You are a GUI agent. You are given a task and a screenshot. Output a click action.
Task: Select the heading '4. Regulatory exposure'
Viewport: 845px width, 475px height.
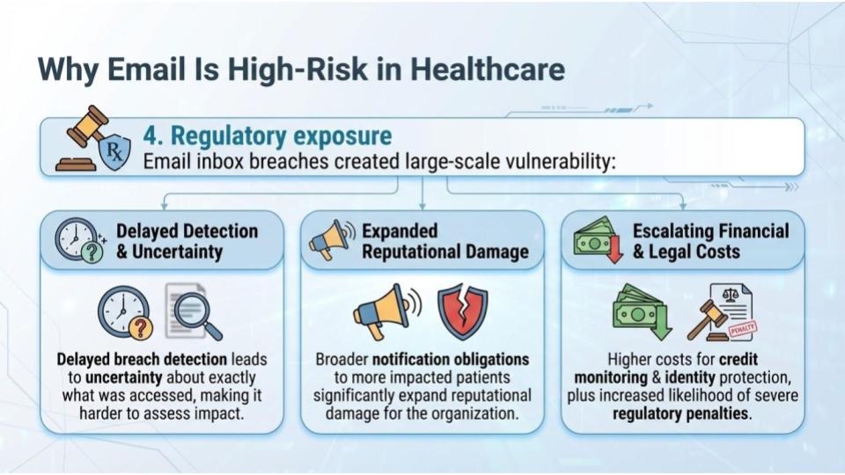pyautogui.click(x=268, y=135)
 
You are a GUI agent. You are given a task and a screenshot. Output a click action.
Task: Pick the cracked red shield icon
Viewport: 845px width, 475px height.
pyautogui.click(x=462, y=311)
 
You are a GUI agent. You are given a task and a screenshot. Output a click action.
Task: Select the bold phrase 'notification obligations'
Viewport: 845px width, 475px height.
pyautogui.click(x=451, y=359)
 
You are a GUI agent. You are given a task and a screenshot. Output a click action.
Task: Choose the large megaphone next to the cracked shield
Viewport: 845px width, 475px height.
pyautogui.click(x=386, y=311)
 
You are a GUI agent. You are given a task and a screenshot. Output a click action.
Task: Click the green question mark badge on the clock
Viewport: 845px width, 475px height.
pyautogui.click(x=92, y=252)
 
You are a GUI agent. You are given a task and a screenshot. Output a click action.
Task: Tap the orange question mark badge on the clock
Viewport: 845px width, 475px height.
pyautogui.click(x=140, y=326)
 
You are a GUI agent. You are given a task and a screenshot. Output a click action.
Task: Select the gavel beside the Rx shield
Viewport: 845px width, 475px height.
pyautogui.click(x=81, y=138)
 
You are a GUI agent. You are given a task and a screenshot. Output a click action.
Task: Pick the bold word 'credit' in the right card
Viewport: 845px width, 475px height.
pyautogui.click(x=738, y=359)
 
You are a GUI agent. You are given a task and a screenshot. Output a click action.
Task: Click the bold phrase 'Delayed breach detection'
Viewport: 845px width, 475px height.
pyautogui.click(x=142, y=359)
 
